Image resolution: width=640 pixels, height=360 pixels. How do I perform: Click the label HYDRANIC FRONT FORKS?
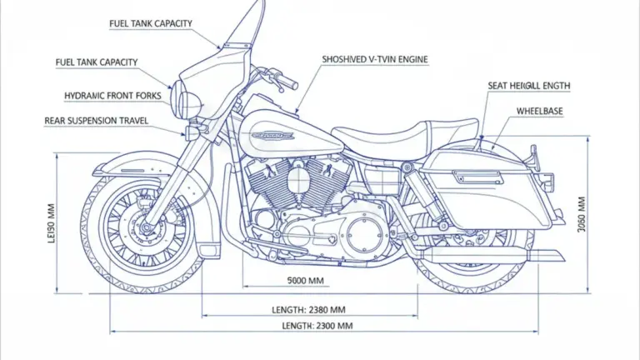112,96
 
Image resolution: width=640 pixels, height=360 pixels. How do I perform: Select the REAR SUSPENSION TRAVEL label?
96,121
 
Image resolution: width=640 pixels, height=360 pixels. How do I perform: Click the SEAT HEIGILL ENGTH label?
529,86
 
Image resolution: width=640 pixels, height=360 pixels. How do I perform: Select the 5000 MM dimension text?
306,280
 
